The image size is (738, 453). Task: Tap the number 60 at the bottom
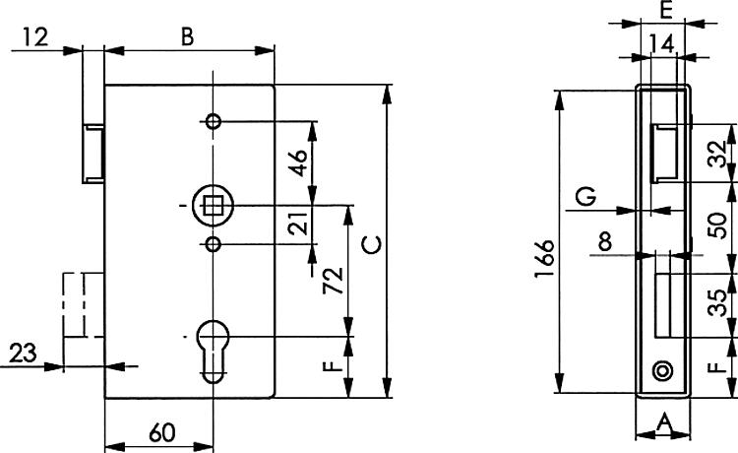click(x=162, y=432)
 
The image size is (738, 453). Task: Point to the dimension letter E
click(x=665, y=12)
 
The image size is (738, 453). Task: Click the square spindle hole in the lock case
click(x=212, y=206)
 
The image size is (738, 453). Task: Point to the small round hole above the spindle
click(x=213, y=122)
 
